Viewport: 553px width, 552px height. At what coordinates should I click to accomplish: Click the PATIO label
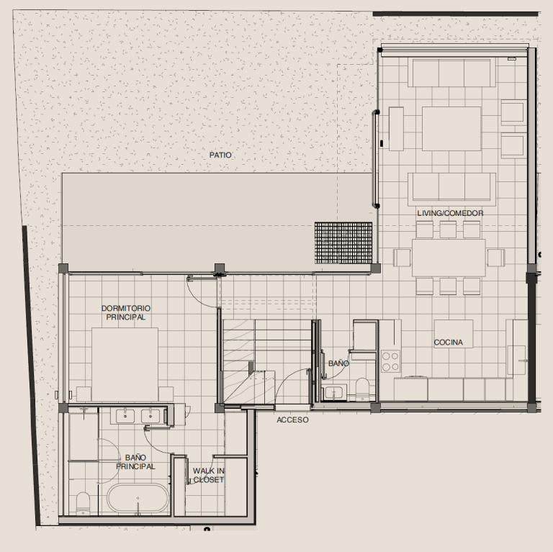point(220,155)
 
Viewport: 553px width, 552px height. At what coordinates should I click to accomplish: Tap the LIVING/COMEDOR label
point(450,213)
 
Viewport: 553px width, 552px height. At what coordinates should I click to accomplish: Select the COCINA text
point(449,343)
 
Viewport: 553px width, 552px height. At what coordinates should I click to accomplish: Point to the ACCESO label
point(292,420)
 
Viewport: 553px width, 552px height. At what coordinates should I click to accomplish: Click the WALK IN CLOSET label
point(208,475)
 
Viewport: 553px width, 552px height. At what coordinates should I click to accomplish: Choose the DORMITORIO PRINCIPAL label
point(126,312)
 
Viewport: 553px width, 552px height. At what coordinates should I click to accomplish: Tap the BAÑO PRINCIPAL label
point(135,462)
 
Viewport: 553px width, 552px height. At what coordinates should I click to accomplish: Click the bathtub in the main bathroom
point(138,499)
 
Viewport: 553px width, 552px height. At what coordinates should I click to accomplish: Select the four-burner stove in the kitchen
point(390,361)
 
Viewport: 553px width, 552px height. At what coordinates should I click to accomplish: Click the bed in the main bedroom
point(125,364)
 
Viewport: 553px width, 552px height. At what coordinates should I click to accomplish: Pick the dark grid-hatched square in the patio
point(343,243)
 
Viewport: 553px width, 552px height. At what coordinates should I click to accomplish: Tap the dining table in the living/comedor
point(449,258)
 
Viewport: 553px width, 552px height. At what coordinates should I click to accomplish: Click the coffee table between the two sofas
point(451,129)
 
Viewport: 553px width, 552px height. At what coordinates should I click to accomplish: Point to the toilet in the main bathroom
point(84,503)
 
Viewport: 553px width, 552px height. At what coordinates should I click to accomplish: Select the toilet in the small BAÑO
point(362,389)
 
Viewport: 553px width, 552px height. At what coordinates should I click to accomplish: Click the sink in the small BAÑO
point(333,392)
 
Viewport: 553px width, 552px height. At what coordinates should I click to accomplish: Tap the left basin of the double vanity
point(125,415)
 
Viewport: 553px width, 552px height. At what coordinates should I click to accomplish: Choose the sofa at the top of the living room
point(451,73)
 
